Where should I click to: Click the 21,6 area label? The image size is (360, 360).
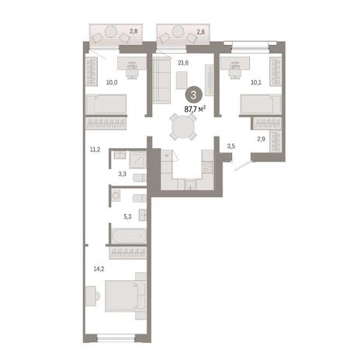click(x=183, y=63)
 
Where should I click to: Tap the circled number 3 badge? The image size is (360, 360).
click(x=193, y=95)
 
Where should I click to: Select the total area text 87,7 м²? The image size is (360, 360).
click(x=195, y=109)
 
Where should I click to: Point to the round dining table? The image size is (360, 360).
click(x=183, y=127)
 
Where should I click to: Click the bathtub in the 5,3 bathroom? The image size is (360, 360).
click(x=129, y=236)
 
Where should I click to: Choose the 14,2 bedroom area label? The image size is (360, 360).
click(x=99, y=269)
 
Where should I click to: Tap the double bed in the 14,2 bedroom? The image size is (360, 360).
click(x=125, y=296)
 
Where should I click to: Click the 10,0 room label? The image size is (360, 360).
click(x=112, y=82)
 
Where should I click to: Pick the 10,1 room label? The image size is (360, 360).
click(x=256, y=82)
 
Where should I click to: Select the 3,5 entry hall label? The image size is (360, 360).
click(x=231, y=146)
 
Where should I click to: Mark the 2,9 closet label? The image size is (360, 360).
click(x=261, y=139)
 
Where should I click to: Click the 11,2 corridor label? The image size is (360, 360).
click(x=95, y=149)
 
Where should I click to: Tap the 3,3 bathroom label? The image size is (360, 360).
click(x=123, y=174)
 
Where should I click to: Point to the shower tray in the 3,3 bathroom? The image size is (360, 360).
click(x=138, y=160)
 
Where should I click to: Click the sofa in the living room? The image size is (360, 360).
click(x=161, y=81)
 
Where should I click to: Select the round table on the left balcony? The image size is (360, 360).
click(x=112, y=31)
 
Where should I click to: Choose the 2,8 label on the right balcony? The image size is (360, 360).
click(x=201, y=32)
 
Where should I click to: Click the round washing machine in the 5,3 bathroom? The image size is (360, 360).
click(x=116, y=196)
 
